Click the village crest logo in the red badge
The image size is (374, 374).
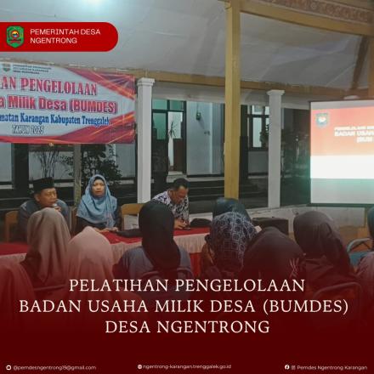[15, 36]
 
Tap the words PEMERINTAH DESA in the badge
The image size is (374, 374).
[59, 31]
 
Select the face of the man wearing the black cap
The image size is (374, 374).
[45, 195]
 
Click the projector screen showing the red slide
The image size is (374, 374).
[340, 153]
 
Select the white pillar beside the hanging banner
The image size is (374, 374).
[145, 140]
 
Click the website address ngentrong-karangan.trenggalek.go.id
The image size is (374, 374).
[187, 367]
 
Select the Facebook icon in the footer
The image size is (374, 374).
[286, 367]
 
